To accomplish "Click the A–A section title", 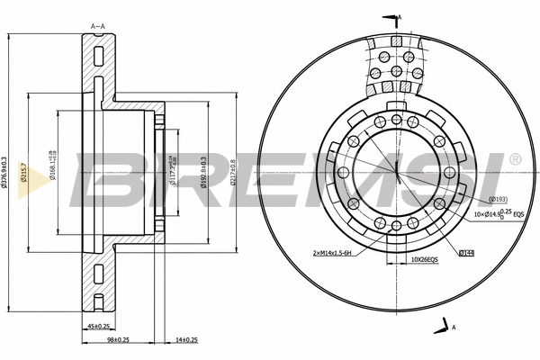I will click(x=98, y=26).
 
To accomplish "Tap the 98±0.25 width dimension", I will click(x=118, y=339).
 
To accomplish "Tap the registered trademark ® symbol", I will click(x=515, y=158).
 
